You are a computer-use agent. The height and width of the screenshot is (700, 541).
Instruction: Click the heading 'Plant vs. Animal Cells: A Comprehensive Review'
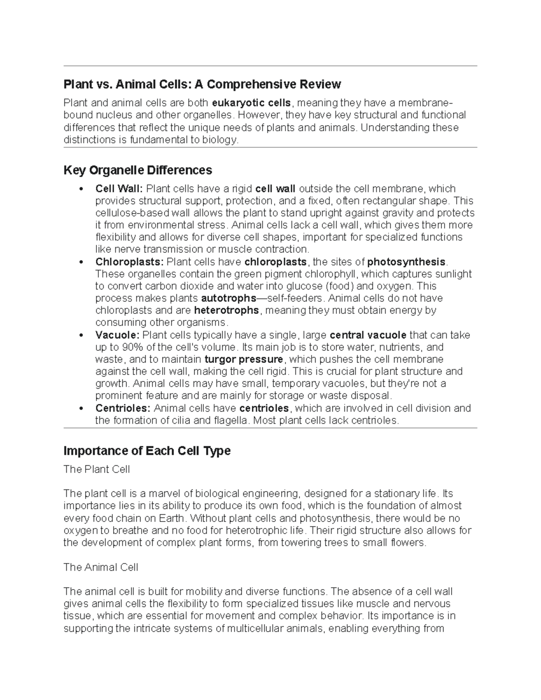click(x=202, y=84)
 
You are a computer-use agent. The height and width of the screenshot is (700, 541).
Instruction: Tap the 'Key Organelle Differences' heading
click(x=138, y=170)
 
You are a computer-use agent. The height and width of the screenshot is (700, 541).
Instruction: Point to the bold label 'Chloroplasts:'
click(x=129, y=262)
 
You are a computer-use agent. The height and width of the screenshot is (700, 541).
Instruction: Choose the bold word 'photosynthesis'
click(x=406, y=262)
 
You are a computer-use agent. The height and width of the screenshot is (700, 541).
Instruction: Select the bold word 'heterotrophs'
click(x=226, y=311)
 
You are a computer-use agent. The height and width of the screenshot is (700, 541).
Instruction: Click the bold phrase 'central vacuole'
click(x=368, y=335)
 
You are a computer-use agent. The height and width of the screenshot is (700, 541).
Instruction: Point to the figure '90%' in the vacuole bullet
click(x=131, y=348)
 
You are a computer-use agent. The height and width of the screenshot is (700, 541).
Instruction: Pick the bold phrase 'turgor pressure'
click(x=243, y=360)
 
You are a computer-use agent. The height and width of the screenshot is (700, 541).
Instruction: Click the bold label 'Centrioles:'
click(x=123, y=408)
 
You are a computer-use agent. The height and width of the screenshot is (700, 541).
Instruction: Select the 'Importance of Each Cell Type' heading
click(x=147, y=451)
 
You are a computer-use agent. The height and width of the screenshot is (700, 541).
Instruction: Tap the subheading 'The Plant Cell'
click(x=96, y=469)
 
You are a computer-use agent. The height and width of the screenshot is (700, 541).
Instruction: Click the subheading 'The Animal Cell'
click(x=101, y=567)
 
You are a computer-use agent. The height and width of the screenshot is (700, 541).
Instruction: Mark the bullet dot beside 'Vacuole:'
click(x=81, y=335)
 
